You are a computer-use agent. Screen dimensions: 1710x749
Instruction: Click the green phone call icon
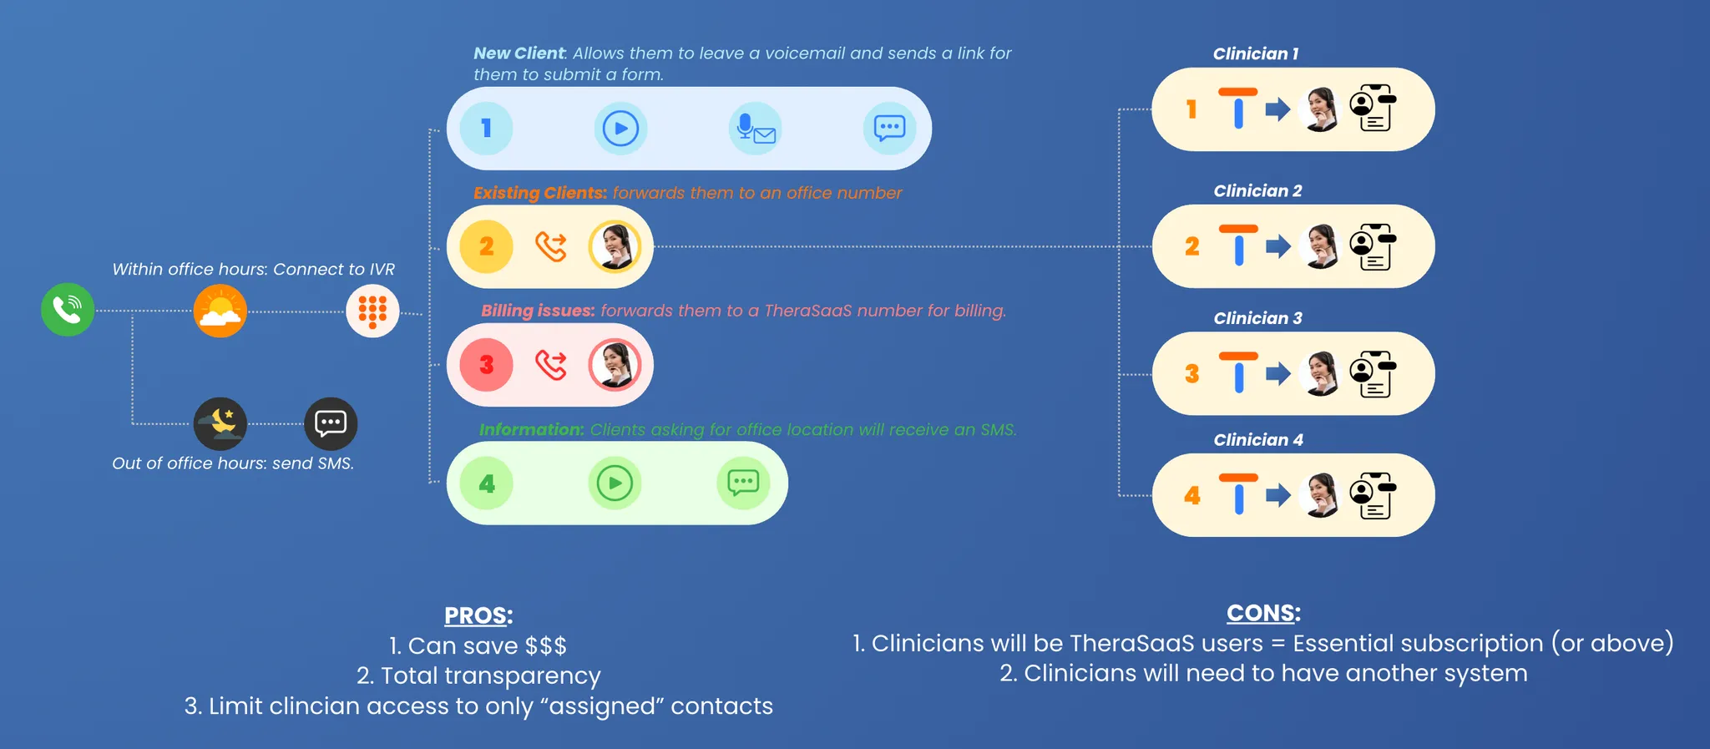point(68,310)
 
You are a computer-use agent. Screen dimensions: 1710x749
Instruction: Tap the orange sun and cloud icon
point(220,311)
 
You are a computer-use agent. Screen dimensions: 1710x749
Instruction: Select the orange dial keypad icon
point(372,311)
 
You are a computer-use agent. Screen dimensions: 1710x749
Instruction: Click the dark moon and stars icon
point(220,423)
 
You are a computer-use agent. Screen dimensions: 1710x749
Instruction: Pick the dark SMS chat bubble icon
point(331,423)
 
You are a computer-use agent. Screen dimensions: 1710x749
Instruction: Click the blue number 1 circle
point(486,129)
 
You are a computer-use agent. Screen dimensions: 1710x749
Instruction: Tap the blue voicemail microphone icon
point(755,129)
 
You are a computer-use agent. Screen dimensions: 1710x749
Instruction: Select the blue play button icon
point(620,129)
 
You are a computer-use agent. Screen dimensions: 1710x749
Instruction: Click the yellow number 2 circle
point(486,247)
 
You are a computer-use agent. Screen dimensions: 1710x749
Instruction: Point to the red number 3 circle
point(486,365)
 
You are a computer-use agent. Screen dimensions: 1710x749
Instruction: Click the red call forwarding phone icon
point(551,365)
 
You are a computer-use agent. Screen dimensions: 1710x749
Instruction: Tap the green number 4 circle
point(486,483)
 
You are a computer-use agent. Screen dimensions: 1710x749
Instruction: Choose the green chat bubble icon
point(743,483)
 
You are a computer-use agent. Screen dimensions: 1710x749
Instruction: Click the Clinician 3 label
point(1257,318)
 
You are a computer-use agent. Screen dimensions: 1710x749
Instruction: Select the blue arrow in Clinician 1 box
point(1277,109)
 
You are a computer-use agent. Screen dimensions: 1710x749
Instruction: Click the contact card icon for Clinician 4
point(1374,496)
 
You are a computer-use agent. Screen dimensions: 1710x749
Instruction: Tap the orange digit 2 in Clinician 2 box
point(1191,246)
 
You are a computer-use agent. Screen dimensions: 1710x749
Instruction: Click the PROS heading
point(478,615)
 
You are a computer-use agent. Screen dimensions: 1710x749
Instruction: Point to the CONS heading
point(1263,613)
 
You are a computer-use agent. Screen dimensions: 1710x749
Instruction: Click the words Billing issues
point(538,311)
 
